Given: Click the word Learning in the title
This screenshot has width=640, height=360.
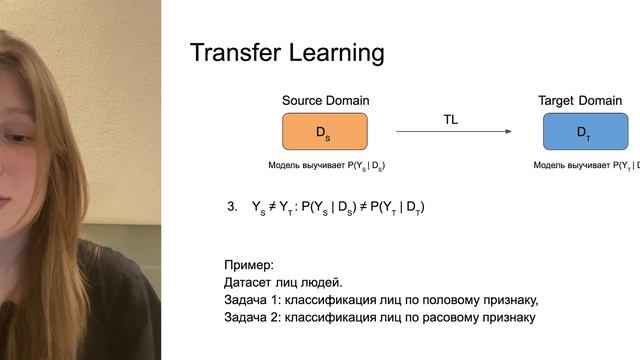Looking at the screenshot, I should point(333,52).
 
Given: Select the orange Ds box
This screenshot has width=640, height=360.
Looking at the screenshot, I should point(325,132).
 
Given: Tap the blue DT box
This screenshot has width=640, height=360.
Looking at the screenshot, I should point(585,132).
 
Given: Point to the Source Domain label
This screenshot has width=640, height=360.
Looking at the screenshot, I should point(325,101).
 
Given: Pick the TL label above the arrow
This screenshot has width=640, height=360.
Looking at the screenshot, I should point(452,119).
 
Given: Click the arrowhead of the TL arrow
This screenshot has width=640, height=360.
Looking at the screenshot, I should point(508,131).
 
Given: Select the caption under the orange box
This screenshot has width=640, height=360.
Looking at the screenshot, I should point(326,165).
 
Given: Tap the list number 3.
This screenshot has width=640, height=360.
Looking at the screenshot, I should point(232,207).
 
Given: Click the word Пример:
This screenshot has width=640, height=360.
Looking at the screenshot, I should point(248,265).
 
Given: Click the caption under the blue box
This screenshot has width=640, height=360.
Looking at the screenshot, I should point(586,165).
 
